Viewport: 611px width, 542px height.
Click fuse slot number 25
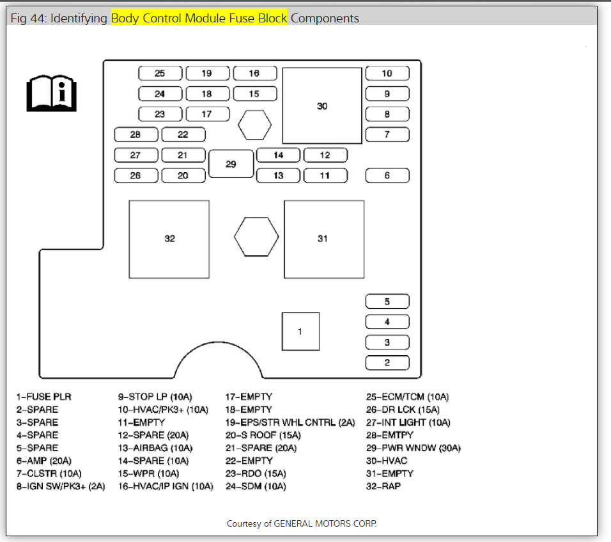pos(160,74)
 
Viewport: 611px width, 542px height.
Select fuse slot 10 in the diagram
pos(387,74)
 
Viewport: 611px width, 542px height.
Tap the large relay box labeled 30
pos(322,106)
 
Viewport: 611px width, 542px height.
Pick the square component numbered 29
pos(231,164)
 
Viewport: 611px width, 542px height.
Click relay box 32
pos(169,239)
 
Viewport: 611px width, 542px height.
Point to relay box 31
pos(323,239)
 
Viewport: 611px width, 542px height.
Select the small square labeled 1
pos(300,331)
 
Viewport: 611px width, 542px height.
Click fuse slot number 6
pos(387,175)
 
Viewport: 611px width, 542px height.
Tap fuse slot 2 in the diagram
pos(387,363)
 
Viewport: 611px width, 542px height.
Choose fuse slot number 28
pos(135,134)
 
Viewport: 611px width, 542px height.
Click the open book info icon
pos(51,91)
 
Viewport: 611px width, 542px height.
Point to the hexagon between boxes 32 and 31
pos(256,237)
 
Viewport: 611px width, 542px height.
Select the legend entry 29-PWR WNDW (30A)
pos(413,448)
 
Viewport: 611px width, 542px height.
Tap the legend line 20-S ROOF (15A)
pos(263,435)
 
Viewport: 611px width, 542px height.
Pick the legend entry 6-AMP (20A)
pos(44,461)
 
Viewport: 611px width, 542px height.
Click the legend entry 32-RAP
pos(383,486)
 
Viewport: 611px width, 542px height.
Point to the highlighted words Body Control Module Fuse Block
pos(199,19)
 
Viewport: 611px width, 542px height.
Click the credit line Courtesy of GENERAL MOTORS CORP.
pos(302,523)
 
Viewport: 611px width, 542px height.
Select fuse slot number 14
pos(278,155)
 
